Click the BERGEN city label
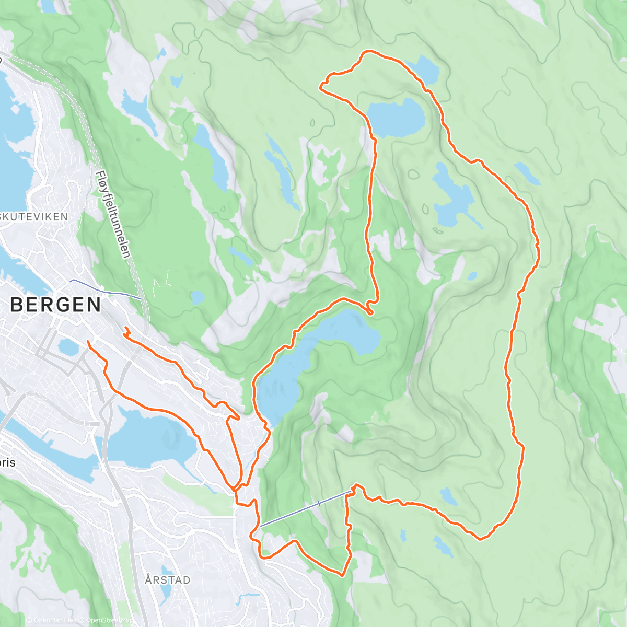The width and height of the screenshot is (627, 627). point(55,305)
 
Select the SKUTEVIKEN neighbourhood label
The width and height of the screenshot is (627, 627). point(34,216)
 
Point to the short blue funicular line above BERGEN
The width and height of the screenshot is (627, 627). point(104,289)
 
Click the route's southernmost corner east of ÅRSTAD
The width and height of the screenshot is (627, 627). point(342,575)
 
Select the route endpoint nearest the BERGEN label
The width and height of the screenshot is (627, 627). point(88,342)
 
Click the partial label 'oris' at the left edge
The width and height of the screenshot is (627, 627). point(7,463)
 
